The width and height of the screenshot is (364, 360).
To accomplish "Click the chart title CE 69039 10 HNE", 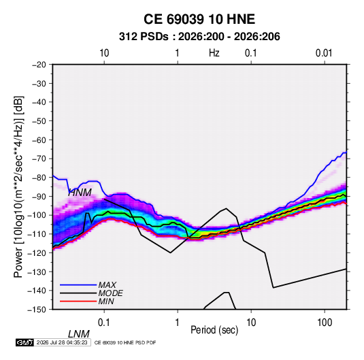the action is click(199, 19).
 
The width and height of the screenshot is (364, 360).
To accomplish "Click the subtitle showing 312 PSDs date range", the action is click(199, 37).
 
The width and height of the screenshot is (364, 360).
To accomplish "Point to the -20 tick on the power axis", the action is click(39, 65).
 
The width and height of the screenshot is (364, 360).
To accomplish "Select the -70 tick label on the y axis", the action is click(39, 159).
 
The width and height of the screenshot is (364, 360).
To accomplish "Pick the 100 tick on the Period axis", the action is click(325, 323).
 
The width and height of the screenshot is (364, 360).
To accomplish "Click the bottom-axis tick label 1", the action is click(178, 323).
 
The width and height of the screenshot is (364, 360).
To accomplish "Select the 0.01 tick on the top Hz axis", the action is click(324, 53).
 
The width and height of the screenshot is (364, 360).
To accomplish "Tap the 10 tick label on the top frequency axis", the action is click(104, 53).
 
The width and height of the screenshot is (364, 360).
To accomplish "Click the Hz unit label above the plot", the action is click(214, 53).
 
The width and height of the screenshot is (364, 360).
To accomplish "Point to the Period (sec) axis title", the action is click(214, 330).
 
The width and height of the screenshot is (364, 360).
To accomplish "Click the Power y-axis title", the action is click(18, 186).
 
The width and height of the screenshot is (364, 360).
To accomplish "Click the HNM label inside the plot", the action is click(80, 193).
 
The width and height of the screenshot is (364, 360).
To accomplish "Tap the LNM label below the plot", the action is click(79, 334).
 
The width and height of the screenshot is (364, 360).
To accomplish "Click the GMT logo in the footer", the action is click(25, 342).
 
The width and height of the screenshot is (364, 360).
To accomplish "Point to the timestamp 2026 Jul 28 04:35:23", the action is click(62, 342).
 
